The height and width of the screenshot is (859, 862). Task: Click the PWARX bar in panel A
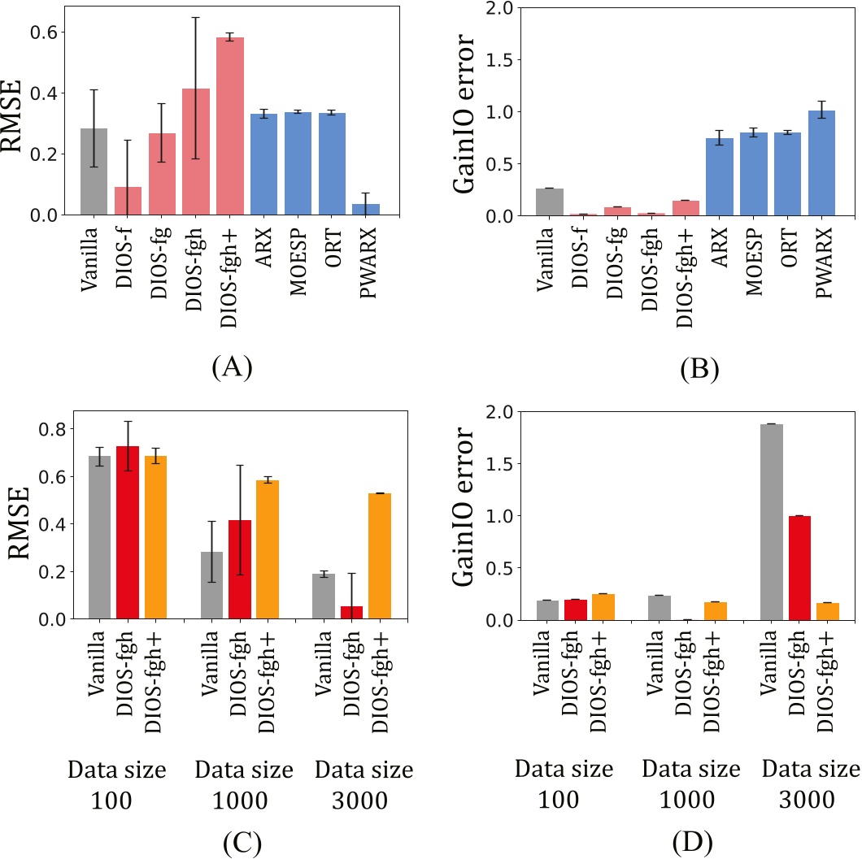point(366,209)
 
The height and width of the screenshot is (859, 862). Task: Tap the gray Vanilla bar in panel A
point(94,171)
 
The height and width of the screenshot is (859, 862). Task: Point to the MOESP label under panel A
point(298,260)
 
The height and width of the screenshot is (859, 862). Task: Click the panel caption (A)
point(231,368)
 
